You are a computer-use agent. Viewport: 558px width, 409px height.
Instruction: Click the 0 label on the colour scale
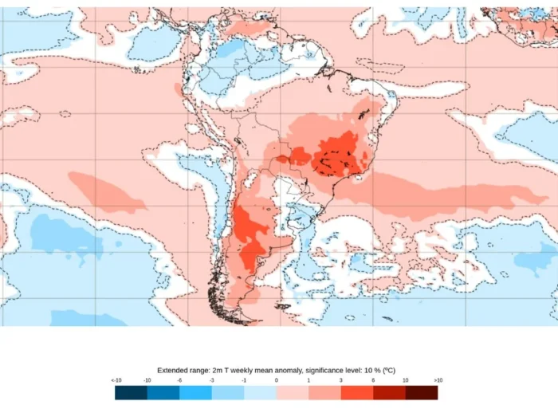pos(277,381)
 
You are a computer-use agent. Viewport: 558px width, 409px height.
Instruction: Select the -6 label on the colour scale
pos(180,381)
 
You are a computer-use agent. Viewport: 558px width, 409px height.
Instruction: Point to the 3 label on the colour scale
pos(340,381)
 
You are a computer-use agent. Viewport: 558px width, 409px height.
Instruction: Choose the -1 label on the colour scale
pos(244,381)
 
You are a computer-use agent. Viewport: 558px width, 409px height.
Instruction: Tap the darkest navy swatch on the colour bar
pos(131,392)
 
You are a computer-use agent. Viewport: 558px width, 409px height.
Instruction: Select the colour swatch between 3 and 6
pos(356,392)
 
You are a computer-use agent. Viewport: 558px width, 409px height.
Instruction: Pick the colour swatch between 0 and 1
pos(293,392)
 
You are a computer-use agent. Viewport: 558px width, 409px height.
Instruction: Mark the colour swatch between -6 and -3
pos(195,392)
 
